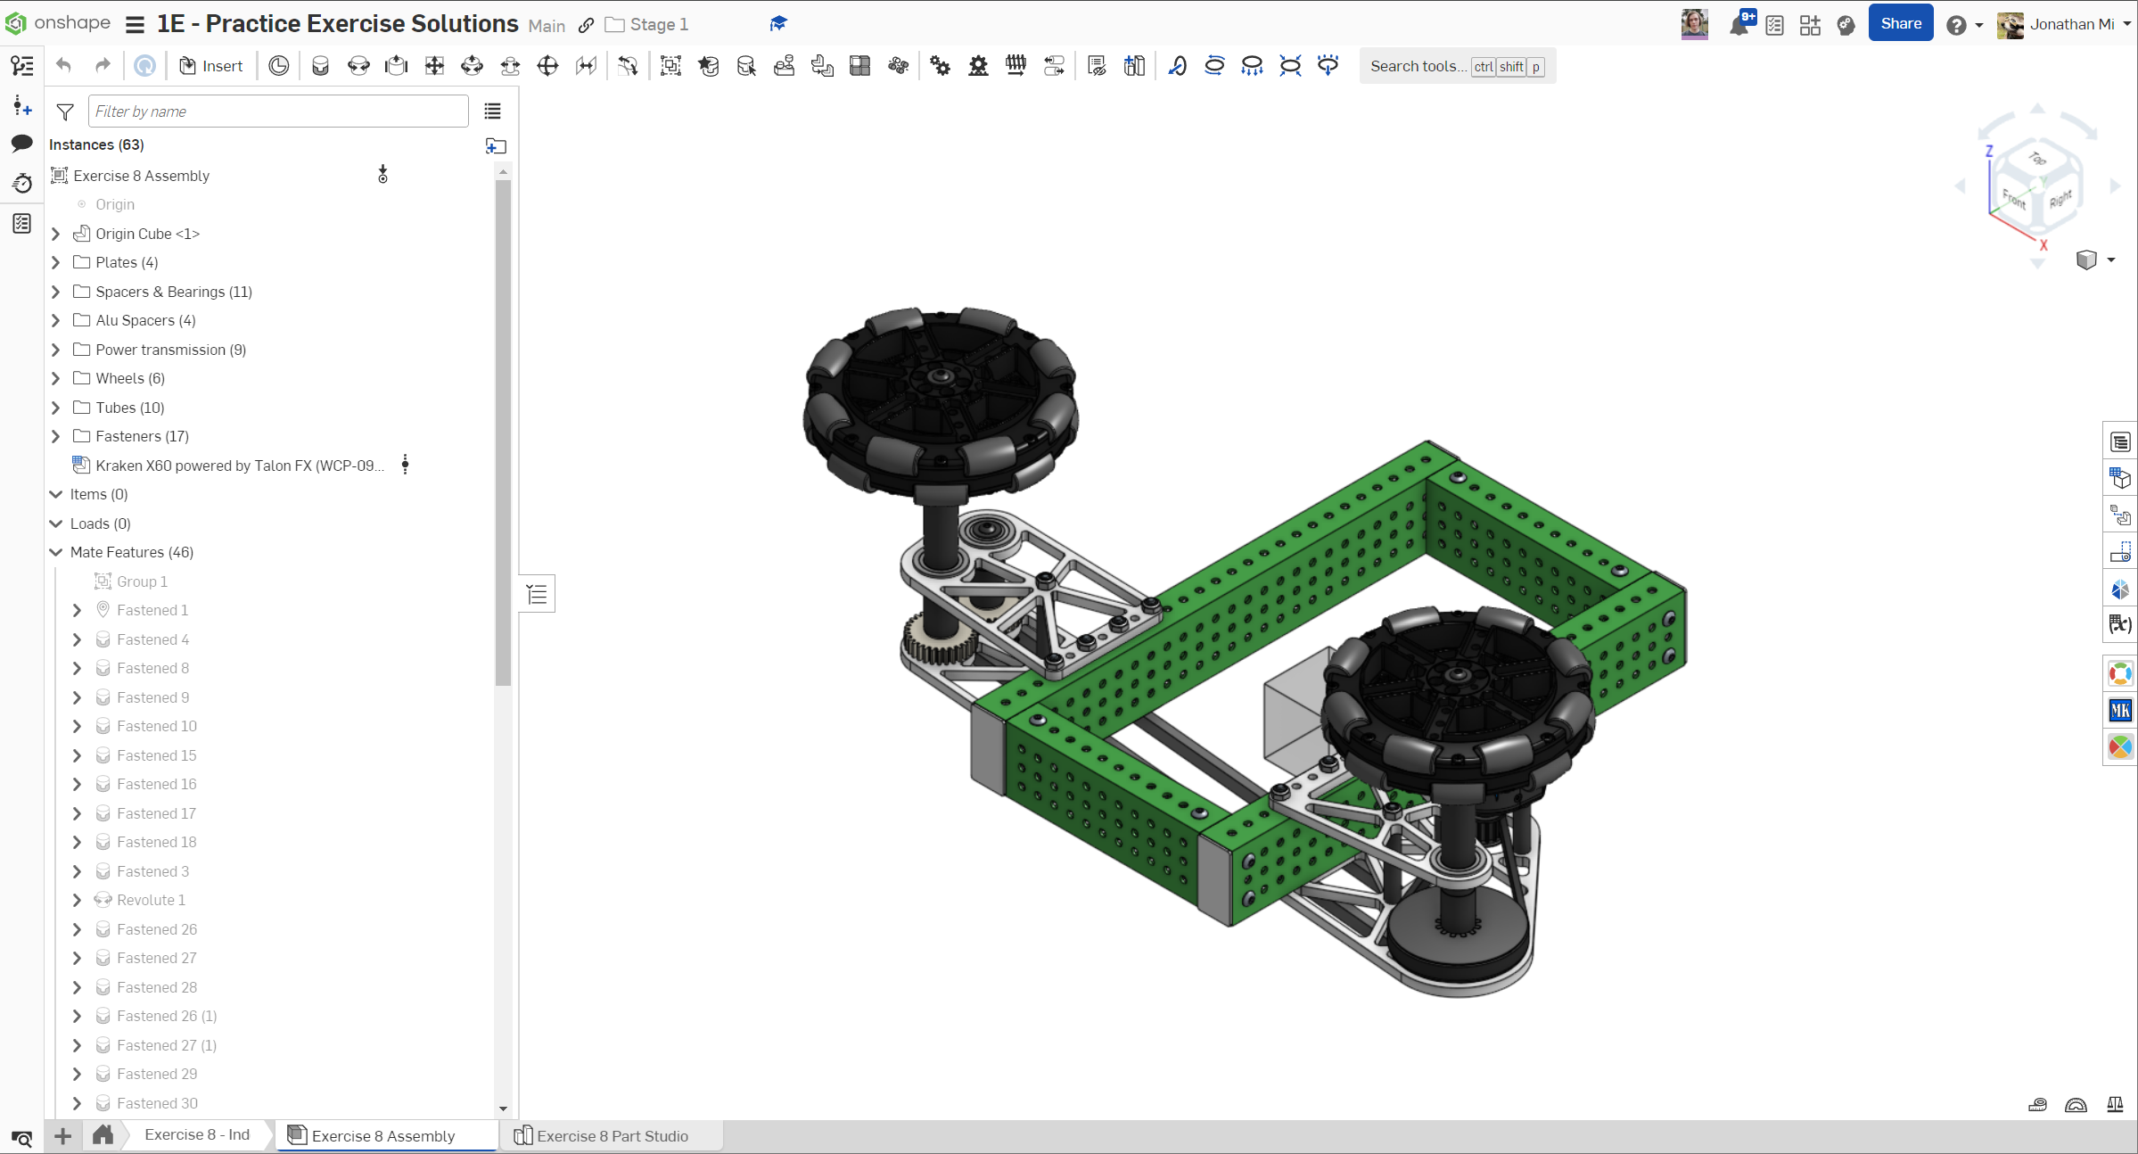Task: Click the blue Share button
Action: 1900,24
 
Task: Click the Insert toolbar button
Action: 211,66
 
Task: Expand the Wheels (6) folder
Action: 56,378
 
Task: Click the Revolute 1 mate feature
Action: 151,900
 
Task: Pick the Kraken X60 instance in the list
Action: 240,466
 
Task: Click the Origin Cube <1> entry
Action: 147,234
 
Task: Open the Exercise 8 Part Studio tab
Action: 612,1135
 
